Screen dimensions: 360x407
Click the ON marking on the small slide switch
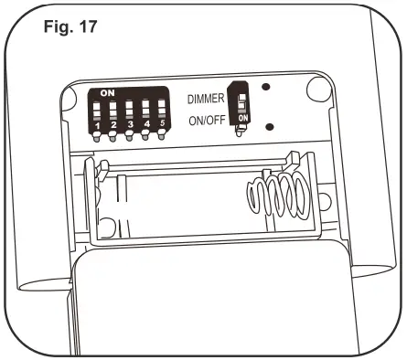(242, 120)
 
